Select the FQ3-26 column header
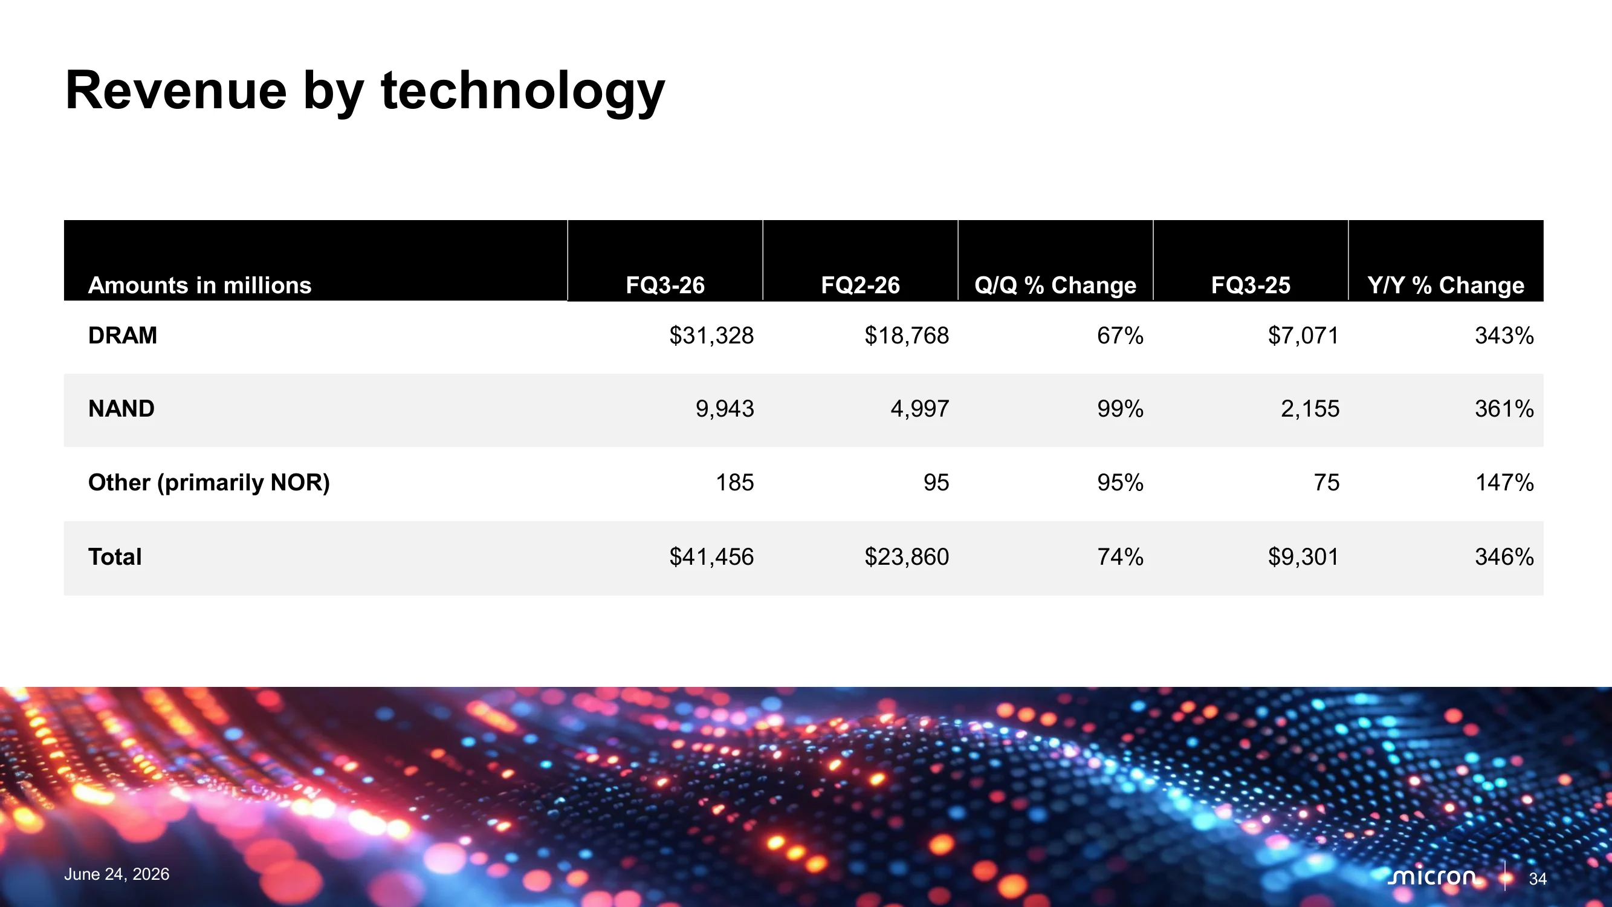coord(665,285)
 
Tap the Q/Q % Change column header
coord(1055,285)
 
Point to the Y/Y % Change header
coord(1446,285)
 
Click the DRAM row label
coord(123,336)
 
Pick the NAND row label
coord(121,409)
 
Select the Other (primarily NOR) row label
coord(209,483)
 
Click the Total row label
coord(115,556)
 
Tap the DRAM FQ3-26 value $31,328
coord(711,336)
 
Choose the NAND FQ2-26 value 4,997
coord(920,409)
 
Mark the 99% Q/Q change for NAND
coord(1120,409)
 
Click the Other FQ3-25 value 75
coord(1327,483)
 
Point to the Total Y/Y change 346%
coord(1504,556)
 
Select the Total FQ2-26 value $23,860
coord(907,556)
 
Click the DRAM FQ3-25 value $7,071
coord(1304,336)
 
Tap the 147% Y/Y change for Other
coord(1504,483)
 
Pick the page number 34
coord(1538,879)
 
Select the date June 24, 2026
coord(117,874)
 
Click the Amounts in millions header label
coord(199,285)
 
